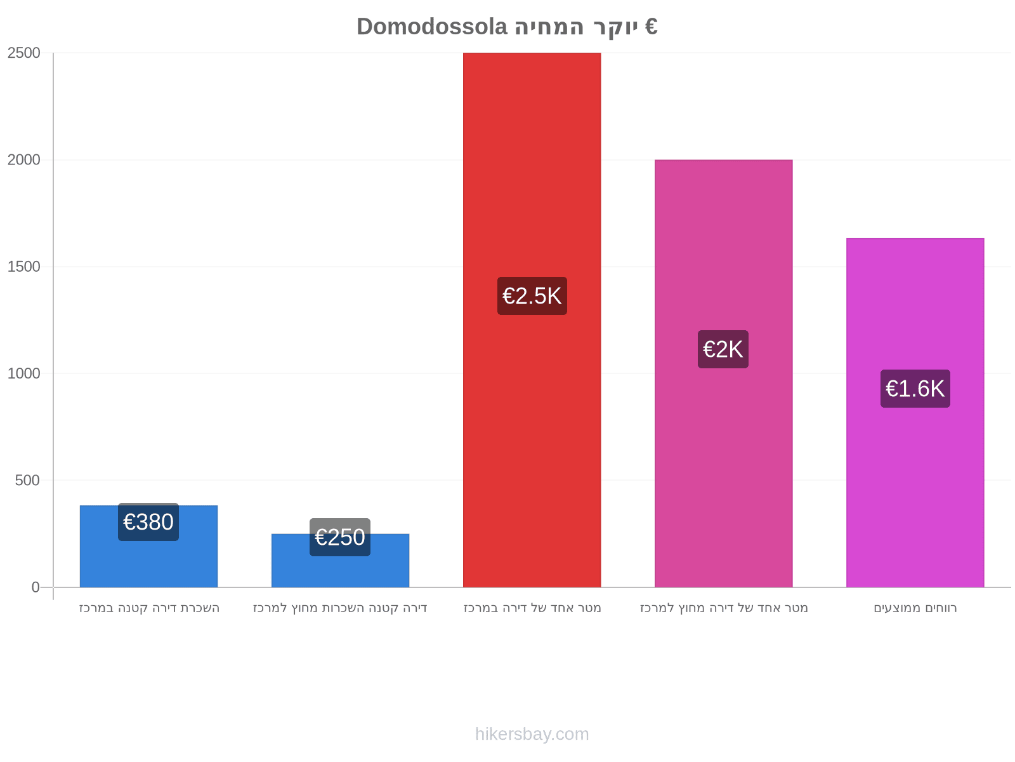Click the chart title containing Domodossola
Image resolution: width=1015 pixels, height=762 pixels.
pos(507,27)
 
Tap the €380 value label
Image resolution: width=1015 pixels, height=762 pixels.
pos(148,522)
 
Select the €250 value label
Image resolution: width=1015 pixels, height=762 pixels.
pos(340,537)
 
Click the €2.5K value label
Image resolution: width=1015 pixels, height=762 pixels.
pos(532,296)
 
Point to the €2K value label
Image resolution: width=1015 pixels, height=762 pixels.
pos(723,349)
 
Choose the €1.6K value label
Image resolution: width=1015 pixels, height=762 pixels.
pos(915,389)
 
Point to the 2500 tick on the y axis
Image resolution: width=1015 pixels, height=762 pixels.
pos(23,53)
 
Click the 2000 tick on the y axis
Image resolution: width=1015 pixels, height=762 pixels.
pos(23,160)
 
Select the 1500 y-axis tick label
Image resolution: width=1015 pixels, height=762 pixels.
pos(23,267)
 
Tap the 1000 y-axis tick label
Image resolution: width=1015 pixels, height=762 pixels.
pos(23,374)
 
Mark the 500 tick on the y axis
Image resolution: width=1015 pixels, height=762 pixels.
pos(27,481)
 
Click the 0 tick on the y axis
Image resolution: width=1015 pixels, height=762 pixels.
pos(35,587)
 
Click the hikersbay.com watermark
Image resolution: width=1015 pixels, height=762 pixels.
pos(532,734)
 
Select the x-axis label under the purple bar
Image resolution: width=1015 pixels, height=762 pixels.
pos(915,608)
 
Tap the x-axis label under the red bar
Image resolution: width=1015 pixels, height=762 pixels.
pos(532,608)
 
